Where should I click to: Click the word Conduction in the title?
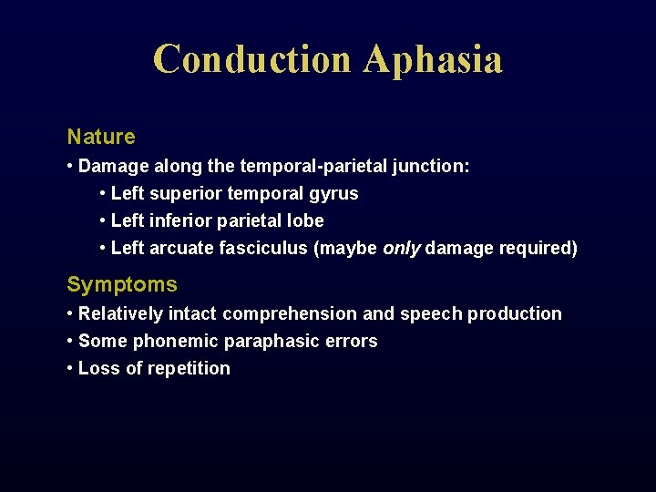pyautogui.click(x=252, y=59)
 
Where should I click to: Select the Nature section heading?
pyautogui.click(x=101, y=137)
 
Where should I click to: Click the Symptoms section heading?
pyautogui.click(x=122, y=284)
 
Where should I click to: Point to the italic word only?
pyautogui.click(x=402, y=249)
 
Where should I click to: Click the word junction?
pyautogui.click(x=432, y=167)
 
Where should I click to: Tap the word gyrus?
pyautogui.click(x=334, y=194)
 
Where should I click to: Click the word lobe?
pyautogui.click(x=305, y=221)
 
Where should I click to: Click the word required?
pyautogui.click(x=538, y=249)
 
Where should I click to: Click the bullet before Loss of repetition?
pyautogui.click(x=71, y=369)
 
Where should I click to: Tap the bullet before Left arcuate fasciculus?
pyautogui.click(x=103, y=249)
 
